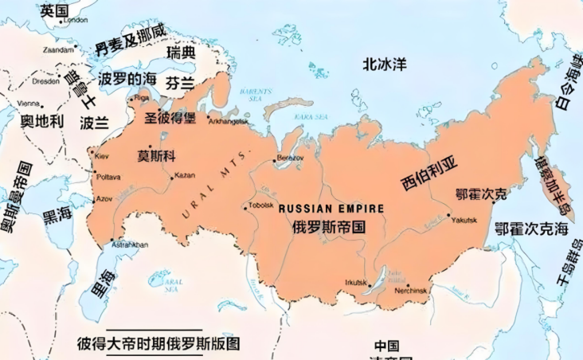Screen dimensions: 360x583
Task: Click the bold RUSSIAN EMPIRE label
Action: coord(331,208)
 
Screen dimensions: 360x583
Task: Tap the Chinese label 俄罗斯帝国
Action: coord(330,225)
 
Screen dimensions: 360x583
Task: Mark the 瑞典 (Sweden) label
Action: coord(181,53)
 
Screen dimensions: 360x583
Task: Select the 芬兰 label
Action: coord(179,83)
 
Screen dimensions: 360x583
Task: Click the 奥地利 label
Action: coord(41,121)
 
